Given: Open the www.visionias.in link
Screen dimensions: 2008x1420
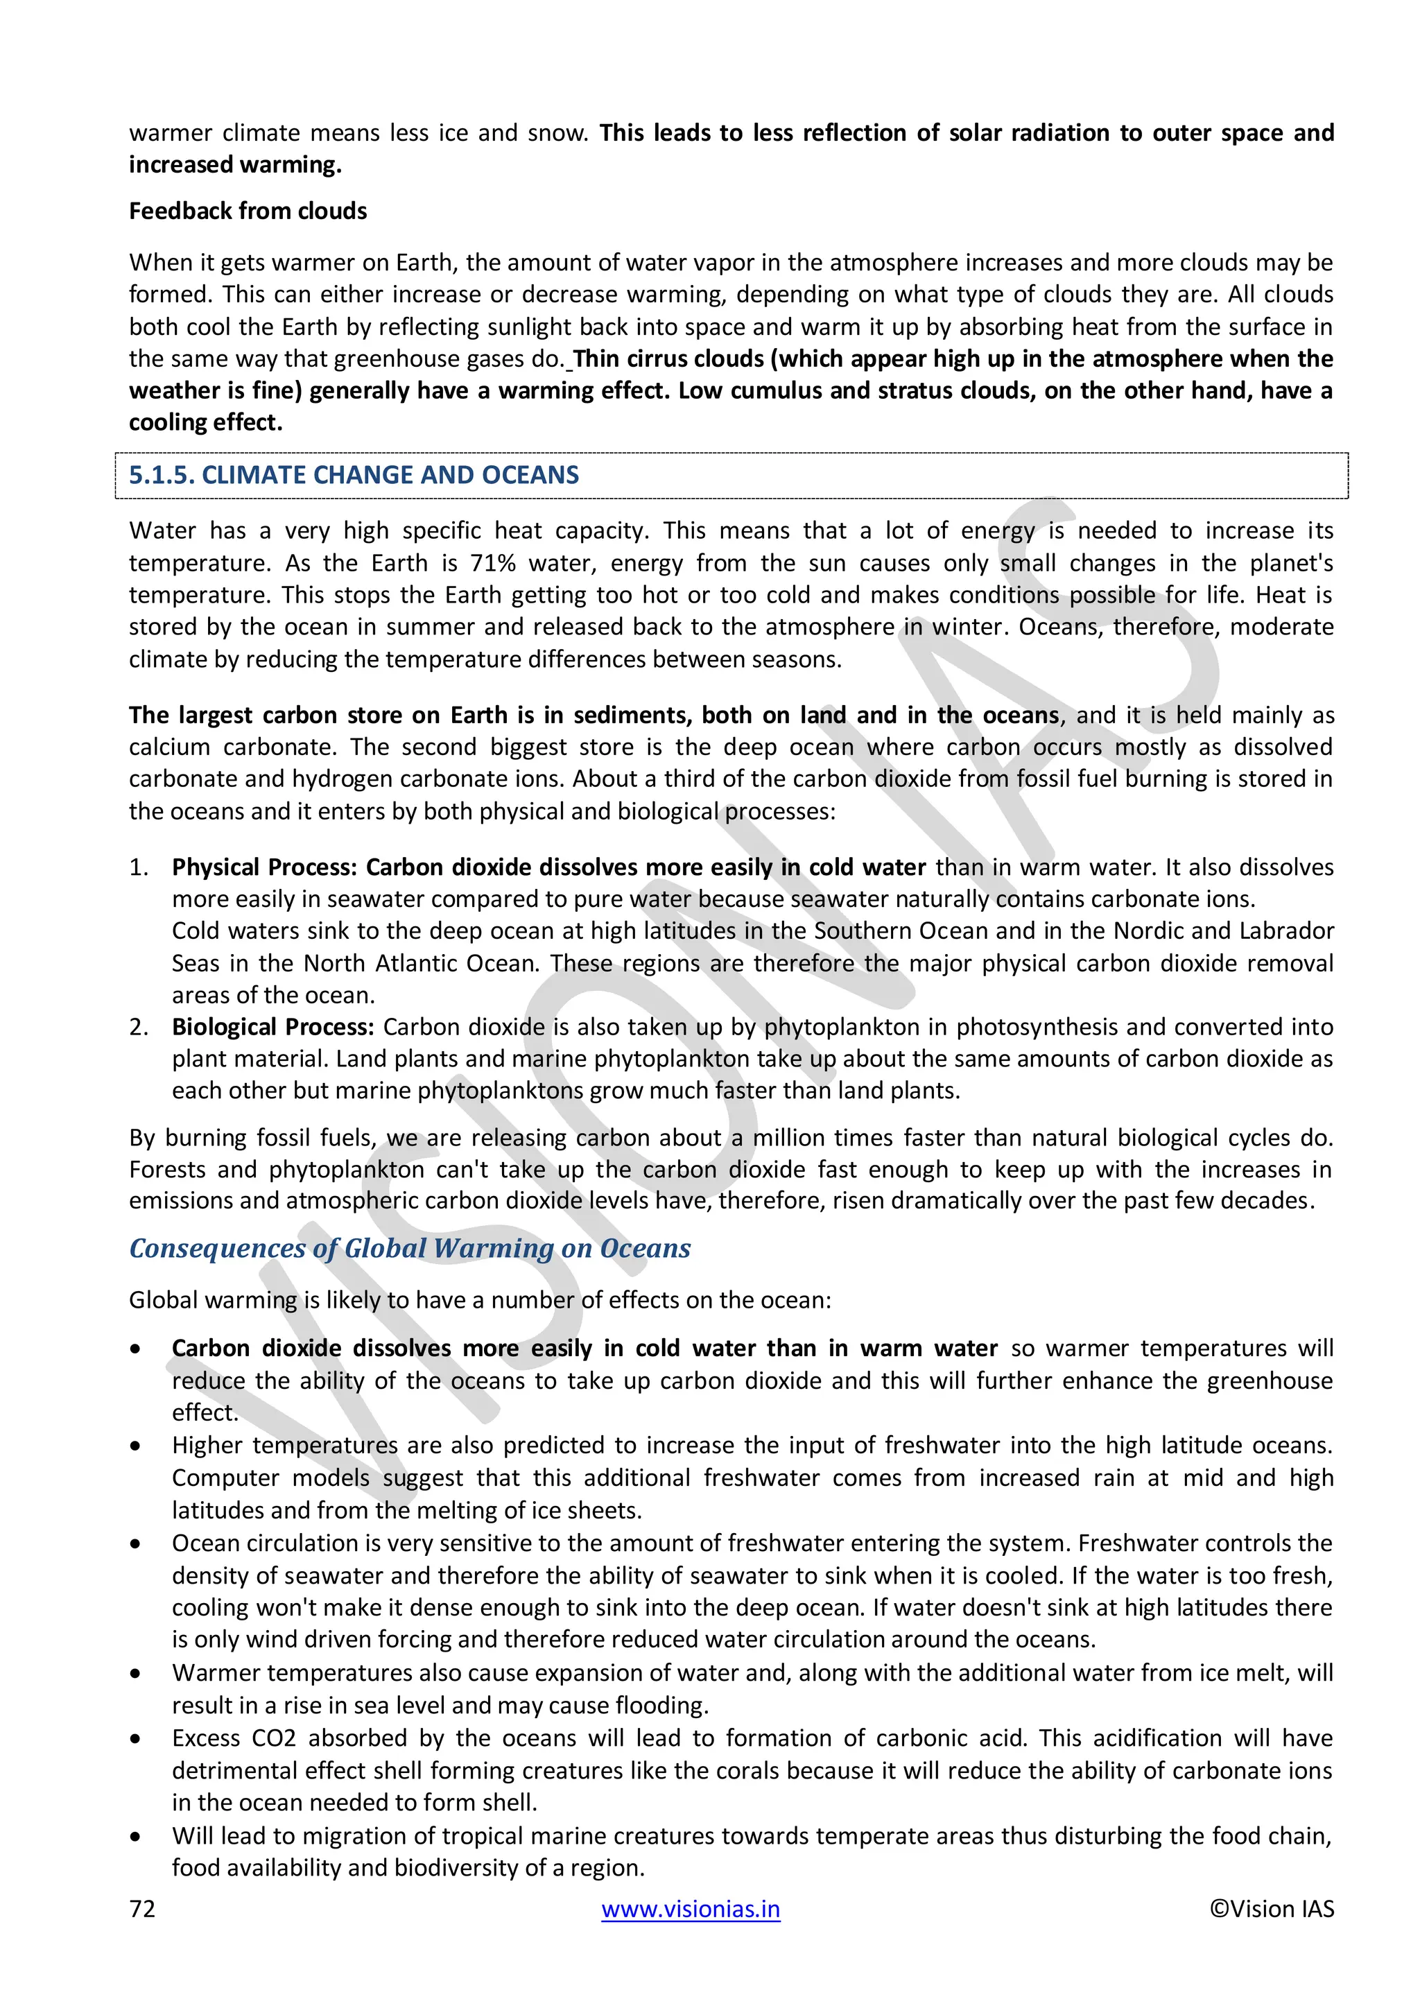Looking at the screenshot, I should tap(690, 1908).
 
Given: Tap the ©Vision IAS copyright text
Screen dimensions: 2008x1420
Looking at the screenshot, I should tap(1272, 1908).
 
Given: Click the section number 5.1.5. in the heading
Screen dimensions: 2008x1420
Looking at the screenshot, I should tap(162, 475).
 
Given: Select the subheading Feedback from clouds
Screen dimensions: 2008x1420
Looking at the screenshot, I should tap(248, 211).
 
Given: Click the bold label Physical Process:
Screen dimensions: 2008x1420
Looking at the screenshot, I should tap(264, 867).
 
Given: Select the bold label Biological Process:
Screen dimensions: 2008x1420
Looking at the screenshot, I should tap(272, 1027).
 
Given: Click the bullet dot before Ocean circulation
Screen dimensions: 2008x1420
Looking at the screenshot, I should tap(135, 1543).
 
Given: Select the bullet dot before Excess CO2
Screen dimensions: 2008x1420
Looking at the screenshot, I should tap(135, 1739).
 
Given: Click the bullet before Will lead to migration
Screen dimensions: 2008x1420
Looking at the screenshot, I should tap(135, 1837).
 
